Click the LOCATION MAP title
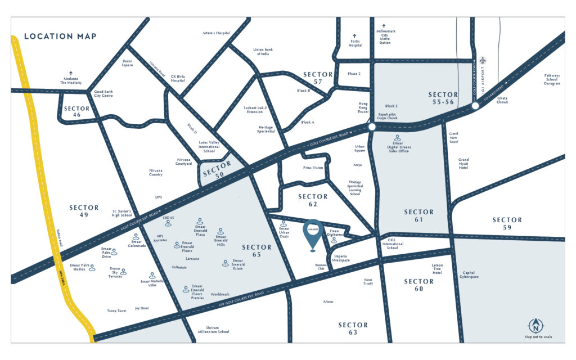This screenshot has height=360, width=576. point(60,37)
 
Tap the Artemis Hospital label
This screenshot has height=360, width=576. point(216,33)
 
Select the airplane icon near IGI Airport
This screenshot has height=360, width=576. point(482,60)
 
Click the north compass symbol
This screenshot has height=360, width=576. point(535,325)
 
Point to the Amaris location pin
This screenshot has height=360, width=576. point(313,235)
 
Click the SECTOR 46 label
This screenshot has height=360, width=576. point(76,111)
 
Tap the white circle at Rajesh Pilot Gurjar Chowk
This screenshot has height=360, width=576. point(372,128)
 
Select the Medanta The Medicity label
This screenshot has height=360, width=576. point(71,79)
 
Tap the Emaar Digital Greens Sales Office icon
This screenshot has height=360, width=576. point(398,137)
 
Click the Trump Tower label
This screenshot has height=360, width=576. point(118,310)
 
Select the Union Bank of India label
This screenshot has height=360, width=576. point(261,51)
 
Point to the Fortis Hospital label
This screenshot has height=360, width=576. point(355,42)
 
